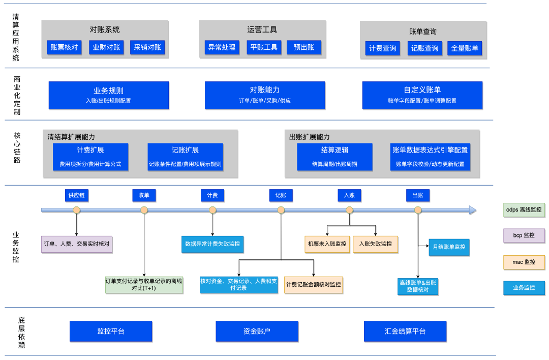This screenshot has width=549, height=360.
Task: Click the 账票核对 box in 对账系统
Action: (x=64, y=48)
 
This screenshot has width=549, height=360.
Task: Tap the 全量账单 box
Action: (x=465, y=49)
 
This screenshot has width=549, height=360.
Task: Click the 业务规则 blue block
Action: (x=108, y=95)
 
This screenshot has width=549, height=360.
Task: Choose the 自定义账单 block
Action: (x=422, y=95)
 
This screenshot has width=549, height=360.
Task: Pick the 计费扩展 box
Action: (x=90, y=157)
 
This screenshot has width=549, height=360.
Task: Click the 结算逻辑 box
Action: (x=334, y=157)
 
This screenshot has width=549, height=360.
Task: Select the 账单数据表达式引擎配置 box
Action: (x=430, y=157)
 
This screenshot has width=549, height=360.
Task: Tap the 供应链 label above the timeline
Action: (x=76, y=195)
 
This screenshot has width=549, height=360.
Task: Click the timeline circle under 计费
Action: (x=212, y=210)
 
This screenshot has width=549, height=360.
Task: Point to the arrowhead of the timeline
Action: (x=473, y=210)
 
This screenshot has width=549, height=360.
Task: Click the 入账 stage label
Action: (x=349, y=195)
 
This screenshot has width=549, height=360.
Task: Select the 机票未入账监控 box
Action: (x=327, y=244)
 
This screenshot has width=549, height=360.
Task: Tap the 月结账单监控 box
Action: (x=449, y=247)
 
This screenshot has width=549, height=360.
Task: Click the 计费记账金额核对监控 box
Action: (x=314, y=285)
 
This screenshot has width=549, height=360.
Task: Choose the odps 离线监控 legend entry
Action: (x=524, y=210)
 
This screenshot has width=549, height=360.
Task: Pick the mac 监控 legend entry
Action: (x=524, y=262)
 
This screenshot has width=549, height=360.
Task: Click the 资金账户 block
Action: (x=257, y=331)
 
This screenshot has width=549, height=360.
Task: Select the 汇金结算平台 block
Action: (x=405, y=331)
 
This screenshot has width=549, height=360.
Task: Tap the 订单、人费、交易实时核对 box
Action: (x=76, y=244)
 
